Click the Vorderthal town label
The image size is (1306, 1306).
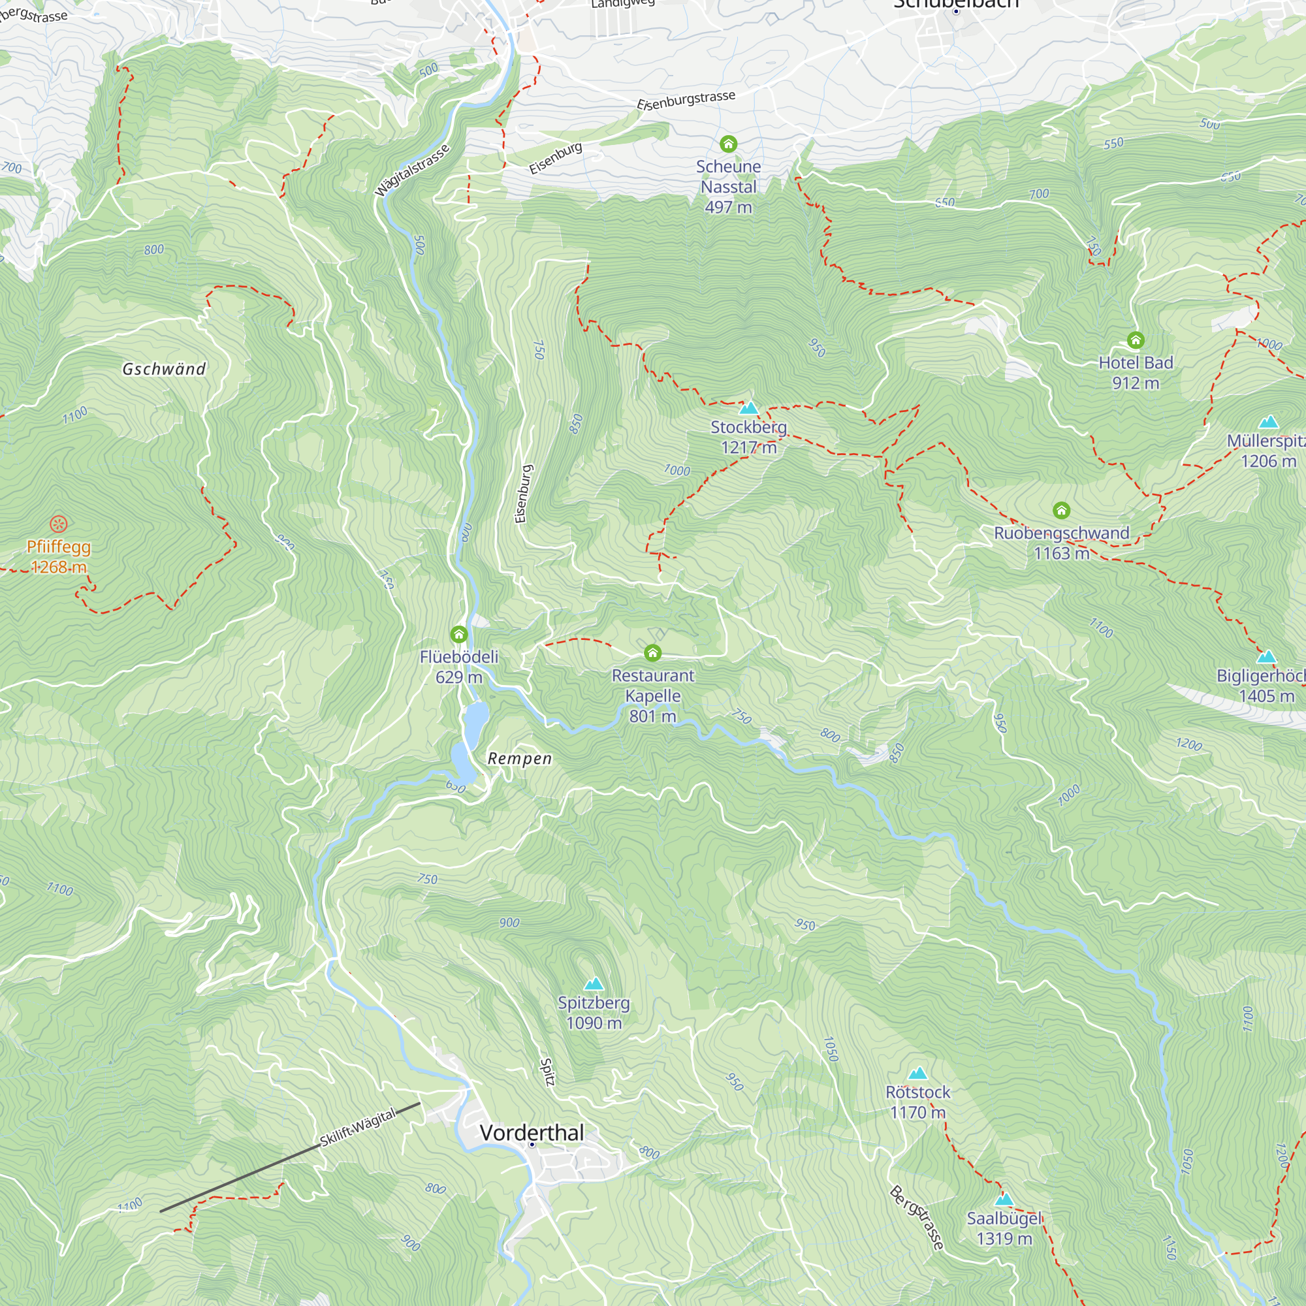532,1132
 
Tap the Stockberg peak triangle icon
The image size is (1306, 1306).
748,407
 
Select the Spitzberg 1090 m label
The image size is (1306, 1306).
594,1013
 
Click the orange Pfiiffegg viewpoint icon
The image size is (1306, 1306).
59,524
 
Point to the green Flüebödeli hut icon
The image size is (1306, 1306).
459,634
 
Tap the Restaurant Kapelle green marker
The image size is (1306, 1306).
652,652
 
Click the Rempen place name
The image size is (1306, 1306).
520,758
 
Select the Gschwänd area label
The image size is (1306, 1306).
164,369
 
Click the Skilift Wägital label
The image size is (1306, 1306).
358,1128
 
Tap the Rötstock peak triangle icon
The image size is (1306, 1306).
917,1074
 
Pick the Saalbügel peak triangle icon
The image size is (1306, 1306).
1004,1200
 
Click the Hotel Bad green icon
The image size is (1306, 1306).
1136,340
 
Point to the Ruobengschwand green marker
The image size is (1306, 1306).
1061,511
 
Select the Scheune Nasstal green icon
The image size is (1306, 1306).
728,144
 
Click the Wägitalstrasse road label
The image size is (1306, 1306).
411,170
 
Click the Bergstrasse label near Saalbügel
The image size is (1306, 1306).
916,1217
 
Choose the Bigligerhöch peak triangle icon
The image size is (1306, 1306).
1266,656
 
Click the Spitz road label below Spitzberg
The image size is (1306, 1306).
548,1072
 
